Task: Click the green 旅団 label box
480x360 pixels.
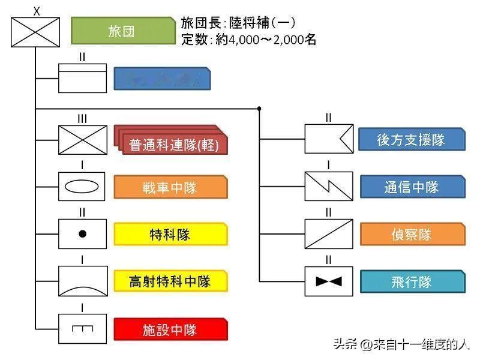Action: [x=122, y=31]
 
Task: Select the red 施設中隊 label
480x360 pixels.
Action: [x=170, y=329]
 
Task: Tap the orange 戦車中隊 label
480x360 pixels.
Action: [x=170, y=187]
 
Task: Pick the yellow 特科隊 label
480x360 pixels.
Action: [x=170, y=234]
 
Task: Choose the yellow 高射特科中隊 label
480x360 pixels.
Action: [x=170, y=281]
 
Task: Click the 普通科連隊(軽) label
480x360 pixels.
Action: [x=173, y=145]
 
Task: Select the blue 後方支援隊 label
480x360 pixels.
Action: [x=411, y=139]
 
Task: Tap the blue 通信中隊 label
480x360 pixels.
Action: [x=411, y=187]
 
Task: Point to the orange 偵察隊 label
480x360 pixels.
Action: [x=411, y=234]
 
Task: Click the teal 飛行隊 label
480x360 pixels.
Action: [x=411, y=281]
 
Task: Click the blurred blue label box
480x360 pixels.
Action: [x=162, y=78]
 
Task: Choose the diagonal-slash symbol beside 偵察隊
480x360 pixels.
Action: [x=328, y=234]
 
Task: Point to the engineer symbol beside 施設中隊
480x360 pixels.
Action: [x=82, y=329]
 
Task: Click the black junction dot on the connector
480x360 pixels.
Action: [x=259, y=109]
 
